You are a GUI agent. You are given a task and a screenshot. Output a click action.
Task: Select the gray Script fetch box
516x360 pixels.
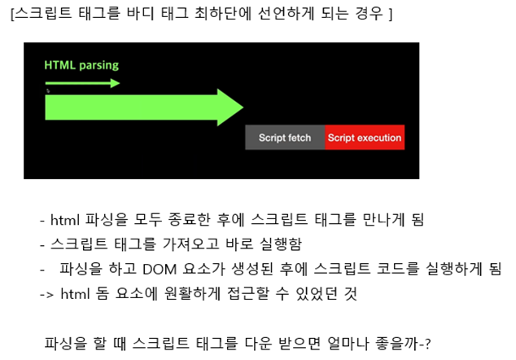click(x=285, y=138)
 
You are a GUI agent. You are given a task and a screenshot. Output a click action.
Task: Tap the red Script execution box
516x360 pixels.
click(x=364, y=138)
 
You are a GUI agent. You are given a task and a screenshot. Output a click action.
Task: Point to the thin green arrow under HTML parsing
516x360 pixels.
click(x=82, y=83)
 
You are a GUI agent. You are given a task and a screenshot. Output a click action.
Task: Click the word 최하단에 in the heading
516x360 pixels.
click(x=214, y=15)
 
